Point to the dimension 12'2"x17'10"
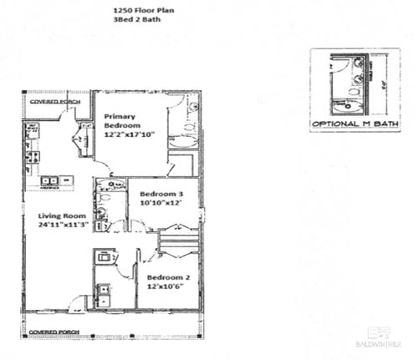[130, 134]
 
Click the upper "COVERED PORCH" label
[54, 102]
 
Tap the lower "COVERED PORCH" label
[54, 332]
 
